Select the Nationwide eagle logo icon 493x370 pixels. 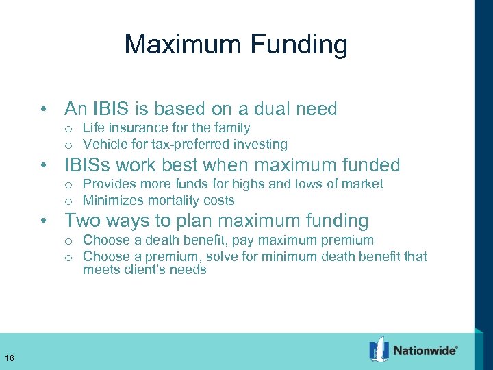point(379,349)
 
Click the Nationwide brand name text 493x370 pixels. point(425,350)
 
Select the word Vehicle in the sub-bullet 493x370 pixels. point(103,144)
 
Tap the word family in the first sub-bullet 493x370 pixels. point(233,127)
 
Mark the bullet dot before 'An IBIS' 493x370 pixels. point(44,110)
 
